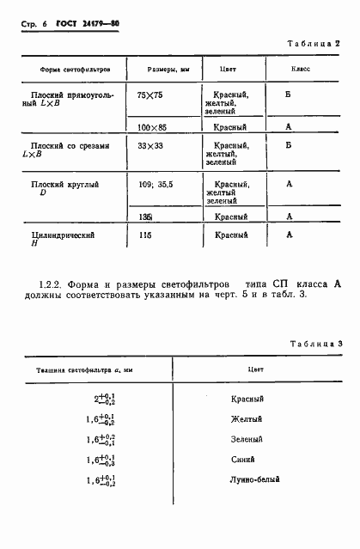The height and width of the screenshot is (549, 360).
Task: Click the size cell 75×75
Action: pyautogui.click(x=149, y=95)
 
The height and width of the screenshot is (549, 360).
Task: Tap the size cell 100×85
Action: pyautogui.click(x=152, y=126)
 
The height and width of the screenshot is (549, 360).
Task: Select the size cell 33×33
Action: pyautogui.click(x=150, y=146)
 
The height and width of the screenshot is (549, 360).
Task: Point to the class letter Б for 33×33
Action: pyautogui.click(x=290, y=146)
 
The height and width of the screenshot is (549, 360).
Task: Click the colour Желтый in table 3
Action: pyautogui.click(x=249, y=418)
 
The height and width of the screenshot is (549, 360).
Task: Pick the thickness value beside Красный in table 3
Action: pyautogui.click(x=106, y=400)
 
